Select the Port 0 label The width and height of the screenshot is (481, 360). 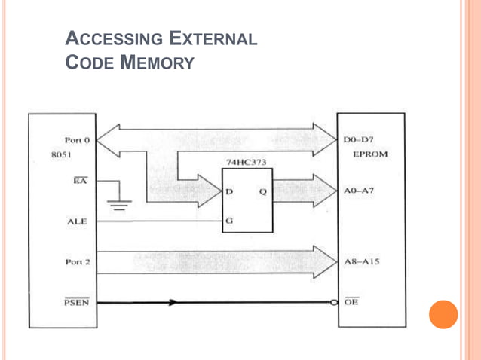[x=77, y=140]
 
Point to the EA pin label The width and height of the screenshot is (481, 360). [x=80, y=181]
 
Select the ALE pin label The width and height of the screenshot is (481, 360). [x=78, y=221]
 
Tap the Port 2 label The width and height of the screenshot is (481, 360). [x=77, y=262]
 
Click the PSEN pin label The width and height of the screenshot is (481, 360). [x=75, y=303]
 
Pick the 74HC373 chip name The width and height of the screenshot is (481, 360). [x=247, y=162]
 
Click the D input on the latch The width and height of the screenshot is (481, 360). [x=229, y=191]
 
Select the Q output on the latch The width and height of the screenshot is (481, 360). [x=262, y=191]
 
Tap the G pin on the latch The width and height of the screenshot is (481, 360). [x=229, y=221]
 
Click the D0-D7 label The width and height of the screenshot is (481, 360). [x=359, y=140]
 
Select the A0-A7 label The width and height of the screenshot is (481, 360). [x=359, y=191]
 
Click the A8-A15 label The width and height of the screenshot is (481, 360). [x=361, y=262]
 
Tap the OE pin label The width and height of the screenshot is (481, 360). [x=351, y=303]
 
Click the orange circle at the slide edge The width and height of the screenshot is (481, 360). [x=443, y=314]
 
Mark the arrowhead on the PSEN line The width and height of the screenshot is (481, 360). [x=173, y=303]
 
